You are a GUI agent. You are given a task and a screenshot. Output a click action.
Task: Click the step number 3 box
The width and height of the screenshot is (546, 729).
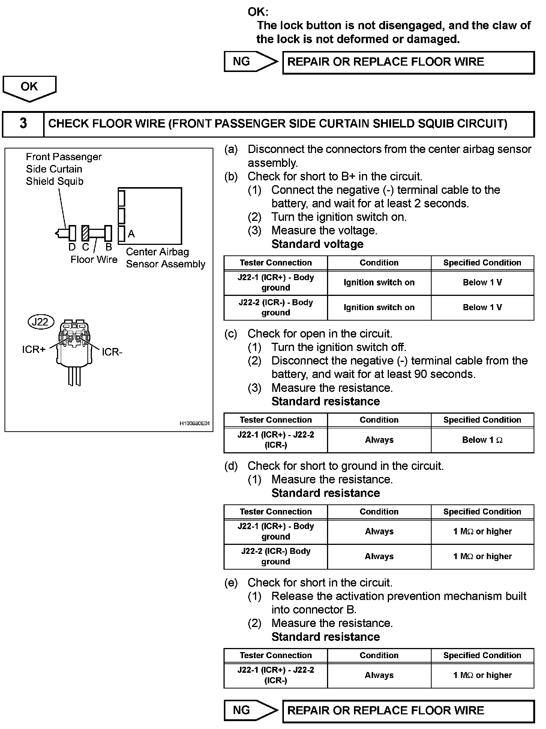tap(23, 124)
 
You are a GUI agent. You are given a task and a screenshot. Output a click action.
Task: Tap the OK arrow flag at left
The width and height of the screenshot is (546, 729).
tap(29, 88)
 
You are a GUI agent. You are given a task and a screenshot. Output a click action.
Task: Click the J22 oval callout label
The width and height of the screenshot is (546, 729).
tap(40, 322)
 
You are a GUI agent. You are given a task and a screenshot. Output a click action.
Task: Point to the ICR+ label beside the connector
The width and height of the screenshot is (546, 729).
tap(34, 349)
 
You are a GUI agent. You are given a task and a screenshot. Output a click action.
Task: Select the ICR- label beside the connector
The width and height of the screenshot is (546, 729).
tap(112, 352)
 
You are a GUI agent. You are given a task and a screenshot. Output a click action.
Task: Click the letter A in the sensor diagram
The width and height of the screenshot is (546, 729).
tap(131, 234)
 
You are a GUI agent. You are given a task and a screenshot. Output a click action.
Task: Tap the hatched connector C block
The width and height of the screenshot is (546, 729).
tap(85, 233)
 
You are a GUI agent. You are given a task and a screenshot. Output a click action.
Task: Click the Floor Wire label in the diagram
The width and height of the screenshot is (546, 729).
tap(94, 259)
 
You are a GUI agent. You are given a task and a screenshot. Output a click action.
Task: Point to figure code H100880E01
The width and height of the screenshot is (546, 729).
tap(194, 424)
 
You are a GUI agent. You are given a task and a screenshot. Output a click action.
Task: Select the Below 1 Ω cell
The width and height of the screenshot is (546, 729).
tap(482, 440)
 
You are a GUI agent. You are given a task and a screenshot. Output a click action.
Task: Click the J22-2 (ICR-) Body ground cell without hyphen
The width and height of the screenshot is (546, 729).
tap(276, 556)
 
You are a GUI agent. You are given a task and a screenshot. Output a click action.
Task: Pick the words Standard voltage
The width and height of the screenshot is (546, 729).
tap(317, 244)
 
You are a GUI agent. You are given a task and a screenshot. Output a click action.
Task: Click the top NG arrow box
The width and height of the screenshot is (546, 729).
tap(250, 62)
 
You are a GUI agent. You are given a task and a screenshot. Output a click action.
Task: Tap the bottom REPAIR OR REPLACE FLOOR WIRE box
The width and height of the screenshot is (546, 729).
tap(408, 711)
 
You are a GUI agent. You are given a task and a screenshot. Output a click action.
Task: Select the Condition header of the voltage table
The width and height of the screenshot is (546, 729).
tap(379, 263)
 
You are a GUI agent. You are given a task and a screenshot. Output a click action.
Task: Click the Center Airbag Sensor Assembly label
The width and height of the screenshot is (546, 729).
tap(165, 258)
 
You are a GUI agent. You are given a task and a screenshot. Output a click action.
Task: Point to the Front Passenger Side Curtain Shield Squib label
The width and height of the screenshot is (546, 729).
tap(64, 169)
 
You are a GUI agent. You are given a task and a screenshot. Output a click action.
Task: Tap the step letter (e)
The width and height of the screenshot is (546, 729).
tap(231, 583)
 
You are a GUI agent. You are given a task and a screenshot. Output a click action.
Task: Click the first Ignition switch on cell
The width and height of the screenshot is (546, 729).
tap(379, 283)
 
